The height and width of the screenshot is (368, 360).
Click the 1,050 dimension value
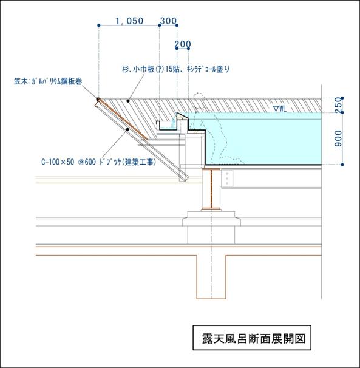point(129,21)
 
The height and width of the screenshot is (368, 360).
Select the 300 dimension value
point(168,21)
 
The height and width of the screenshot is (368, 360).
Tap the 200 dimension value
point(183,44)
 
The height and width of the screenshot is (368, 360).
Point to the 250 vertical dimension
point(338,105)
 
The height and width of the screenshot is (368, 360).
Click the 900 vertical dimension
point(338,138)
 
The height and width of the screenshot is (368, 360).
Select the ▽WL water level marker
point(280,109)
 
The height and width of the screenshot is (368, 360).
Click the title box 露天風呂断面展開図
point(252,338)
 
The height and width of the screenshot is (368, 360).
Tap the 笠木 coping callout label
point(48,81)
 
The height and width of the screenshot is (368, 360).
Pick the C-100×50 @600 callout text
point(98,162)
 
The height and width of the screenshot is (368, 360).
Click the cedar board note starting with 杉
point(176,69)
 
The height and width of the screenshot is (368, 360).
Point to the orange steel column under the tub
point(211,189)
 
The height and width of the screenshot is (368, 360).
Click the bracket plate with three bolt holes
point(227,179)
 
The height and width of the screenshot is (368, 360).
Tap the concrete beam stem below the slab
point(211,277)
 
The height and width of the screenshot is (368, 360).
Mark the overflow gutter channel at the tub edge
point(167,126)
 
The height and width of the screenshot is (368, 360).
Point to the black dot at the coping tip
point(98,99)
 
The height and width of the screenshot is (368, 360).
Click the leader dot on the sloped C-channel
point(127,129)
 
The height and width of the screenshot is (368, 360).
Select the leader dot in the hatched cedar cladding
point(128,101)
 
